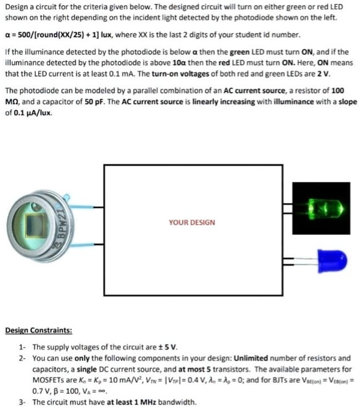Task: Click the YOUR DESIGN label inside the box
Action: (x=192, y=222)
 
